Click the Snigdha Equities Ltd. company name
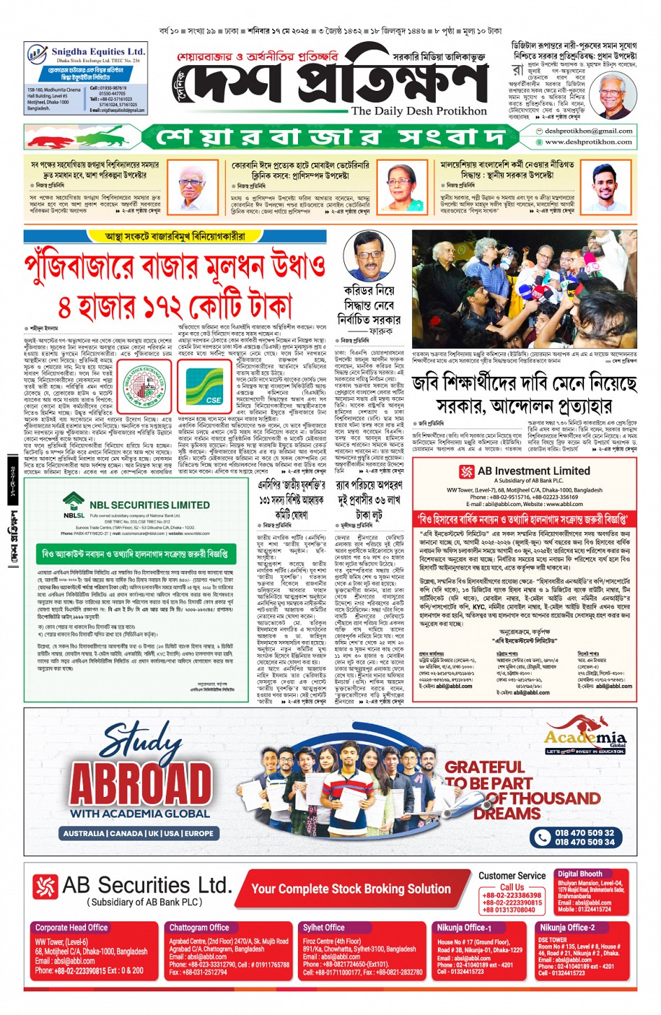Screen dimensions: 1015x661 click(98, 52)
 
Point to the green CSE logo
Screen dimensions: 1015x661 click(205, 386)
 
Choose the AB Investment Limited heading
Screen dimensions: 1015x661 click(534, 471)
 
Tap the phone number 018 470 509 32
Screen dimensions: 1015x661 click(584, 833)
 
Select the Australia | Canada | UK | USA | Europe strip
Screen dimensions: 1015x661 click(138, 833)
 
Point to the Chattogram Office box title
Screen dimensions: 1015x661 click(199, 928)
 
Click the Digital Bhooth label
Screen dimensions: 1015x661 click(579, 874)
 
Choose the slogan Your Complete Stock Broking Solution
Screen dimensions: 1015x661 click(350, 889)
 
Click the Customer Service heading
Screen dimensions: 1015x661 click(512, 875)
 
